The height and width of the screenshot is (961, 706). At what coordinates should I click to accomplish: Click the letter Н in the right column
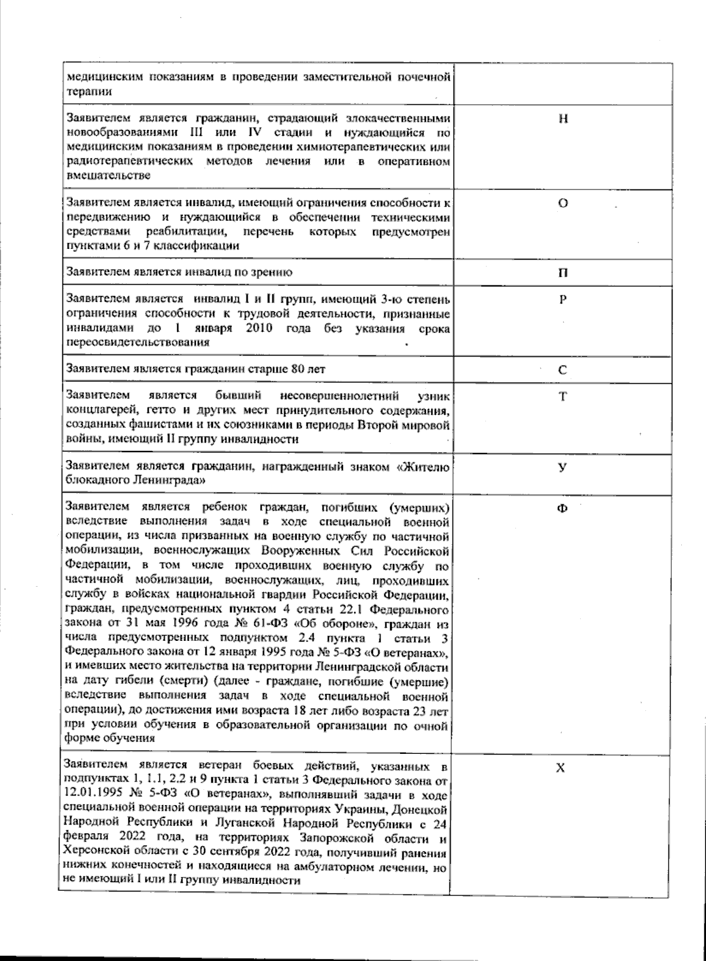563,118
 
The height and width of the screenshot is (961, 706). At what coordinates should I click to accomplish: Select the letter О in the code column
563,204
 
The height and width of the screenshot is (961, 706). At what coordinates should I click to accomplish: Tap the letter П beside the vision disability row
563,272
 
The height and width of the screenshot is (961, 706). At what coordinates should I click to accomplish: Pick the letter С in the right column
562,370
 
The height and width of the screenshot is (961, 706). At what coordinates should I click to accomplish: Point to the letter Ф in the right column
562,509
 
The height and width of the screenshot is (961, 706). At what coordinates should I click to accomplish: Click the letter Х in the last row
561,768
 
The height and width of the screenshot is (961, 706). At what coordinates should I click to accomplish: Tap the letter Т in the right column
563,396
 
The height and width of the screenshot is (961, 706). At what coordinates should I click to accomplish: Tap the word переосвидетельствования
138,342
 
